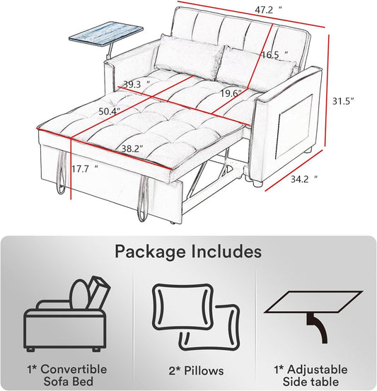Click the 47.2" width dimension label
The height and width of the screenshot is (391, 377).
[x=268, y=10]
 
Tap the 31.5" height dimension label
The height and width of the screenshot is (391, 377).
[x=344, y=101]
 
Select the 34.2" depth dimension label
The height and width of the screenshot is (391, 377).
[x=304, y=179]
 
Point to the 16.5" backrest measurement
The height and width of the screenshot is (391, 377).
[x=274, y=54]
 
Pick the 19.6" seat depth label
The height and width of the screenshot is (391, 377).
[x=231, y=93]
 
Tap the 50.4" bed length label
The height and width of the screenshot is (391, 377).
[x=110, y=111]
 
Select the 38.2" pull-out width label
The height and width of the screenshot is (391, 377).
[x=132, y=149]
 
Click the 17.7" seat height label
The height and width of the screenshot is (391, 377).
[x=85, y=169]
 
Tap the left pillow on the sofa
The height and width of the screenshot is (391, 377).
[x=189, y=57]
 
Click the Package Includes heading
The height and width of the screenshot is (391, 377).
[x=188, y=252]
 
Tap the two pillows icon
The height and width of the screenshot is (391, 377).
[x=196, y=317]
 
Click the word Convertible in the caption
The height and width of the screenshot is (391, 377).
[x=74, y=369]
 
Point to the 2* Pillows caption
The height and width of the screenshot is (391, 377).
[x=196, y=370]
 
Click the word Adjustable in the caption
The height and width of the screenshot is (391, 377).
[x=318, y=370]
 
